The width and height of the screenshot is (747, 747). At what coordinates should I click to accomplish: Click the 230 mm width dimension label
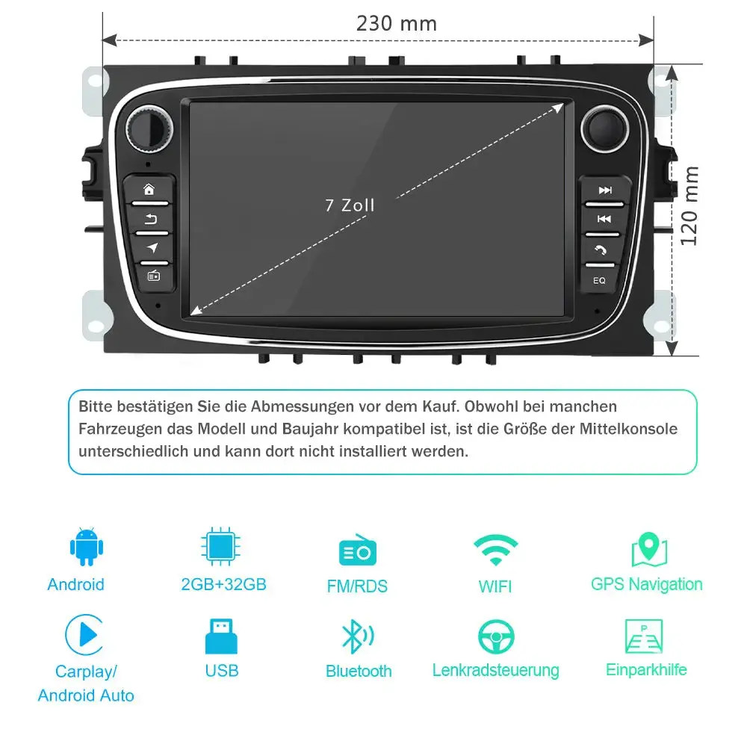click(396, 23)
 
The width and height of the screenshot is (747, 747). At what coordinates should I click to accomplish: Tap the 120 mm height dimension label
click(690, 205)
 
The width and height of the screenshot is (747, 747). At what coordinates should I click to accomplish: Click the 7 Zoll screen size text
click(350, 205)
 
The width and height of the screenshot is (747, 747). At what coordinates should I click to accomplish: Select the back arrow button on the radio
click(152, 219)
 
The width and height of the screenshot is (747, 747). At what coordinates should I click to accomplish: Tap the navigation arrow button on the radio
click(152, 247)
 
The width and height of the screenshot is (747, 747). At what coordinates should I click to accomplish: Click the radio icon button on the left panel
click(153, 276)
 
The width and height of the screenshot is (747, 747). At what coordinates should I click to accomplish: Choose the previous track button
click(604, 219)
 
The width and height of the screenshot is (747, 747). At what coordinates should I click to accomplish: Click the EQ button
click(599, 281)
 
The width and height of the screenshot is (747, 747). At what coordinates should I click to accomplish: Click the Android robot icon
click(87, 547)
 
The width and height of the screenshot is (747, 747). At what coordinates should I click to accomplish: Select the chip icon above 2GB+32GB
click(220, 547)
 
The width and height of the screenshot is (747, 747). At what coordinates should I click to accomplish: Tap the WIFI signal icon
click(495, 552)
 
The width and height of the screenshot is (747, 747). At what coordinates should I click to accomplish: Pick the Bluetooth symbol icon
click(353, 636)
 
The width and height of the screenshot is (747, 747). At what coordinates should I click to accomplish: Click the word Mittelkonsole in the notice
click(630, 429)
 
